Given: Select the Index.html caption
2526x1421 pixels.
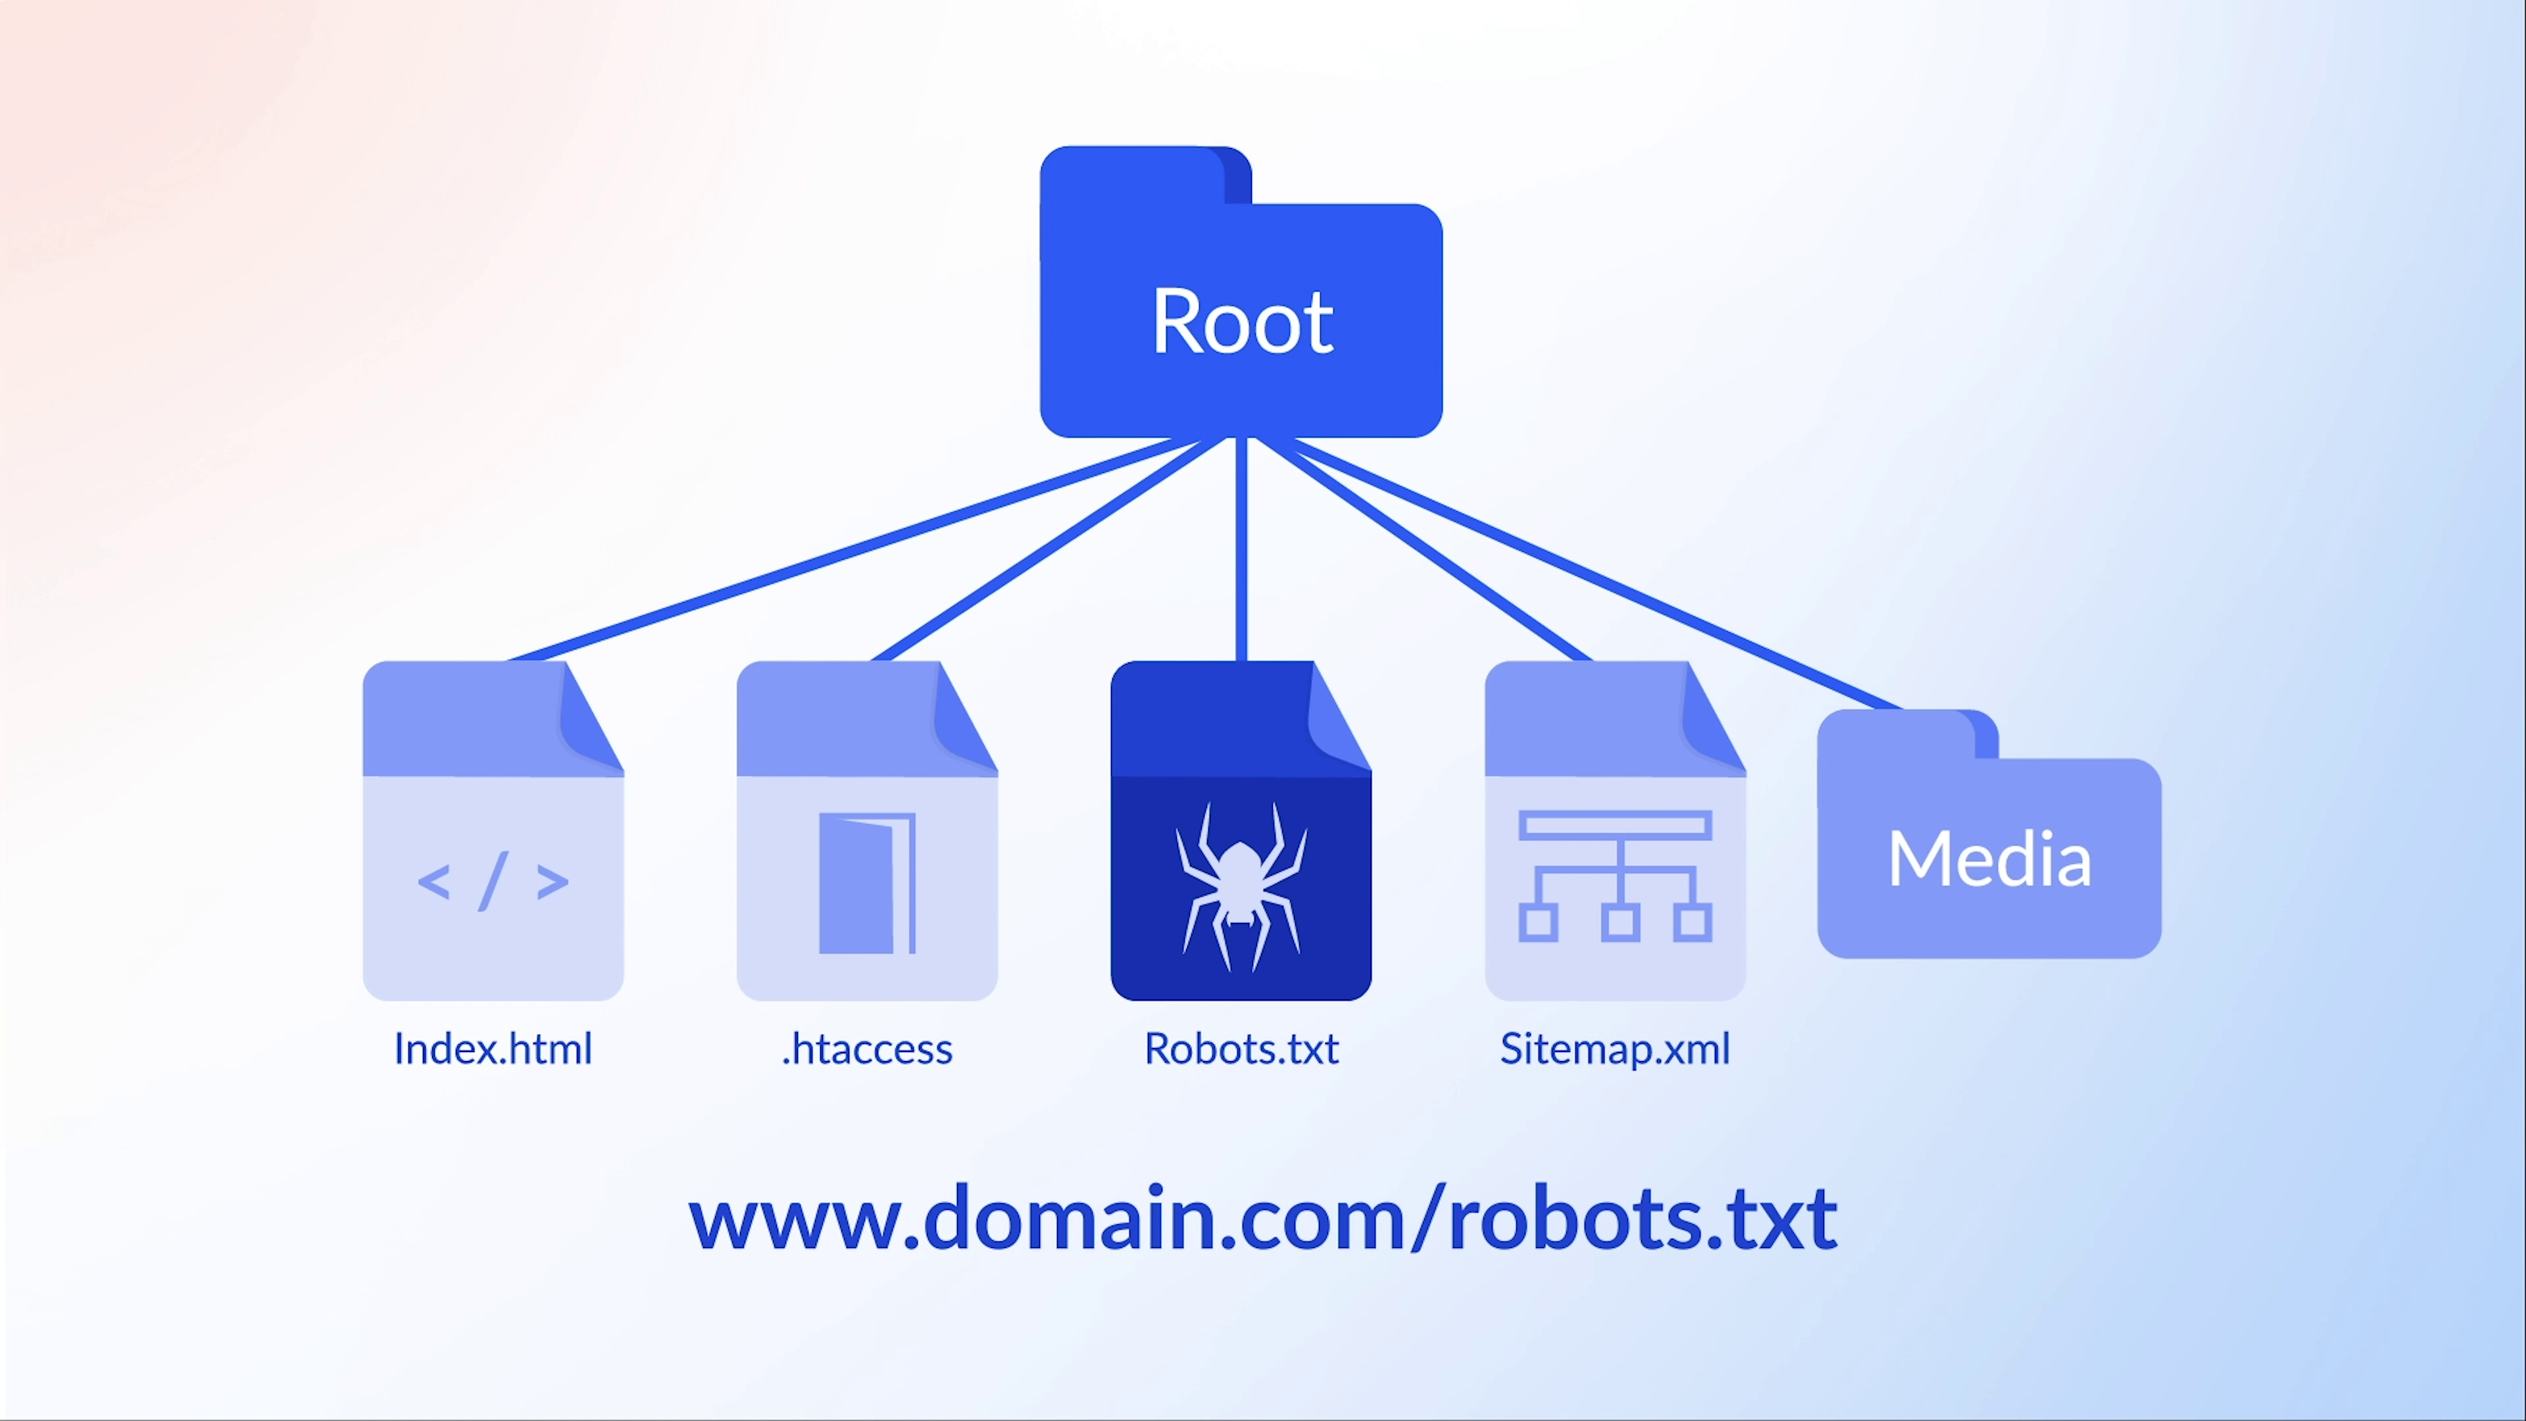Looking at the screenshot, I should (x=492, y=1049).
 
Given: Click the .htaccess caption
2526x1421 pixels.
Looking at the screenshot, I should (x=867, y=1049).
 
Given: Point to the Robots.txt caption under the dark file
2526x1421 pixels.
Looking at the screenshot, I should (x=1241, y=1049).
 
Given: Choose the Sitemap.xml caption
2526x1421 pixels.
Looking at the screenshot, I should (x=1614, y=1049).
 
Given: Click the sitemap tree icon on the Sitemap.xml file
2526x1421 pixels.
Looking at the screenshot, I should (x=1615, y=875).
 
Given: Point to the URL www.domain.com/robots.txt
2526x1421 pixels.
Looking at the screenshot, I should (x=1262, y=1218).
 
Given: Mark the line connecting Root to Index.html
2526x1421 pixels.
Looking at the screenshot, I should (x=843, y=549).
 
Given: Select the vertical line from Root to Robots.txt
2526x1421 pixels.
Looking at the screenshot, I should (x=1241, y=549).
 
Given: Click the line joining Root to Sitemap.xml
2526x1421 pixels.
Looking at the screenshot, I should (x=1422, y=549).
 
